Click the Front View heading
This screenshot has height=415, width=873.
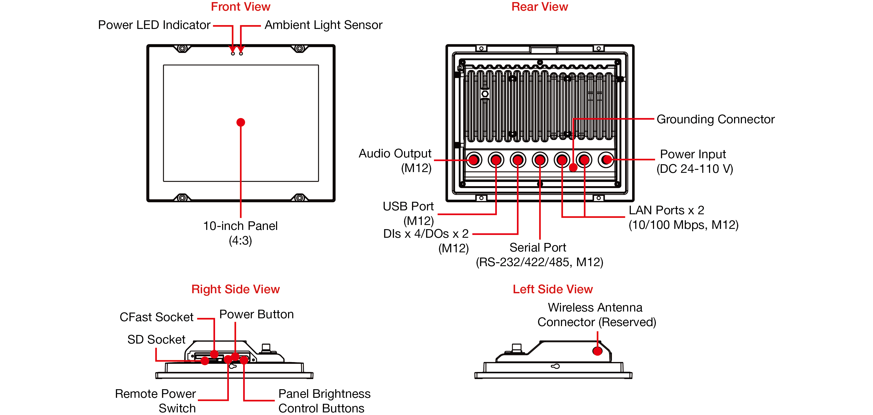click(x=240, y=7)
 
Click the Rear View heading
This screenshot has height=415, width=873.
click(x=540, y=7)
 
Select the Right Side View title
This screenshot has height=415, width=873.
click(x=236, y=289)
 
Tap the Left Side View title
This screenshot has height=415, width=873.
click(x=552, y=289)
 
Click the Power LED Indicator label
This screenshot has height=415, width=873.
click(x=154, y=25)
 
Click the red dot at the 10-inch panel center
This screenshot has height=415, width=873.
click(x=241, y=122)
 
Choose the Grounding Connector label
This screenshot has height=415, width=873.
click(x=715, y=119)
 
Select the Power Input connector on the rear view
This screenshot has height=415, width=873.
click(x=606, y=160)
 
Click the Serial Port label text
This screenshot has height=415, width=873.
click(x=538, y=248)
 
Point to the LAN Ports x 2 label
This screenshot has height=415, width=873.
click(x=666, y=210)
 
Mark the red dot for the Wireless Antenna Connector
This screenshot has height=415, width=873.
click(x=597, y=351)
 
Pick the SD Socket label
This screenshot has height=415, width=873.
click(x=156, y=339)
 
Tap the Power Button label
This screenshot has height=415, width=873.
click(x=256, y=314)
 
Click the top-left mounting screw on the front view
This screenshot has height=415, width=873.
click(x=182, y=48)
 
